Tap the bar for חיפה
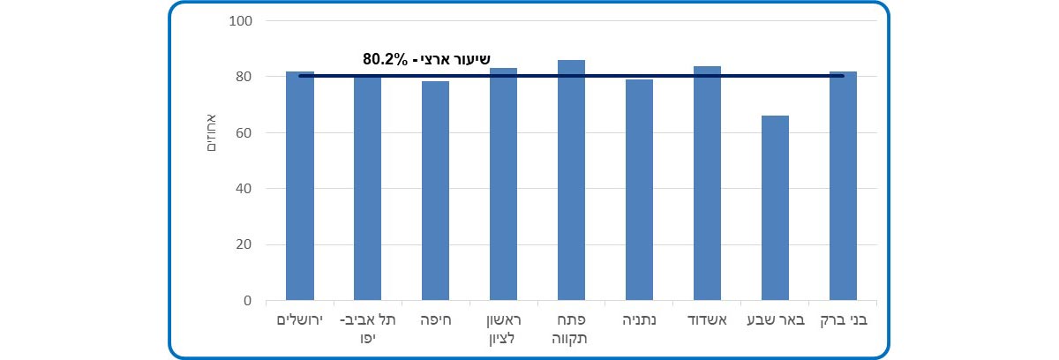pyautogui.click(x=435, y=191)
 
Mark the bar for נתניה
pyautogui.click(x=639, y=190)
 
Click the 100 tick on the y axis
pyautogui.click(x=240, y=21)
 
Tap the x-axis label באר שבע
pyautogui.click(x=775, y=319)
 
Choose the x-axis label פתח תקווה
pyautogui.click(x=571, y=328)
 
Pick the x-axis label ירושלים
pyautogui.click(x=300, y=319)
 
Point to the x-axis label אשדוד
pyautogui.click(x=707, y=319)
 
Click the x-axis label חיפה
pyautogui.click(x=435, y=319)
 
